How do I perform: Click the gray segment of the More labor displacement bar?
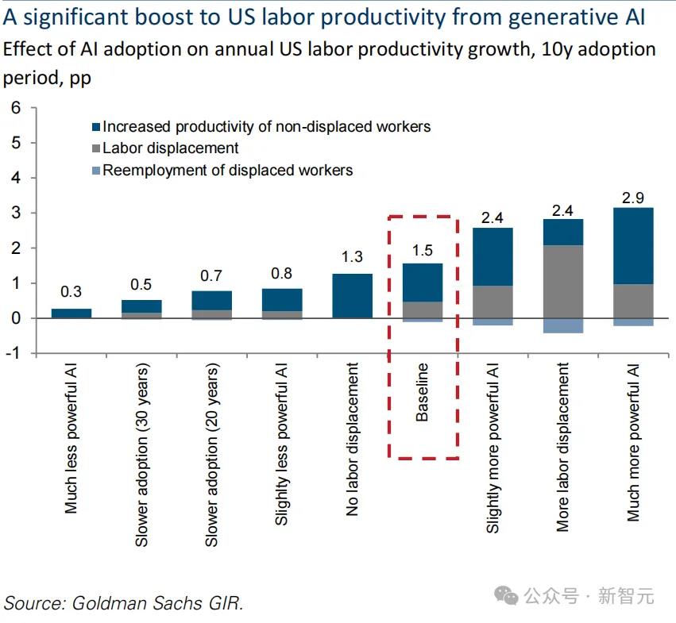click(x=563, y=282)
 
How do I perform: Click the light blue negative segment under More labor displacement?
click(x=563, y=325)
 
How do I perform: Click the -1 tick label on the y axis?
click(x=14, y=353)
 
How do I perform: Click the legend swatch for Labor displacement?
click(x=97, y=148)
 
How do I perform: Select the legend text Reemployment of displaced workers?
click(x=227, y=170)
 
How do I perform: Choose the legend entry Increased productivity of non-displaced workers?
click(x=266, y=126)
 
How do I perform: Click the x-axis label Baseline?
click(x=423, y=392)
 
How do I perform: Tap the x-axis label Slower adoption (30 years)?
click(x=141, y=456)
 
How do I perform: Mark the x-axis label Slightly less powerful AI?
click(x=282, y=444)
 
